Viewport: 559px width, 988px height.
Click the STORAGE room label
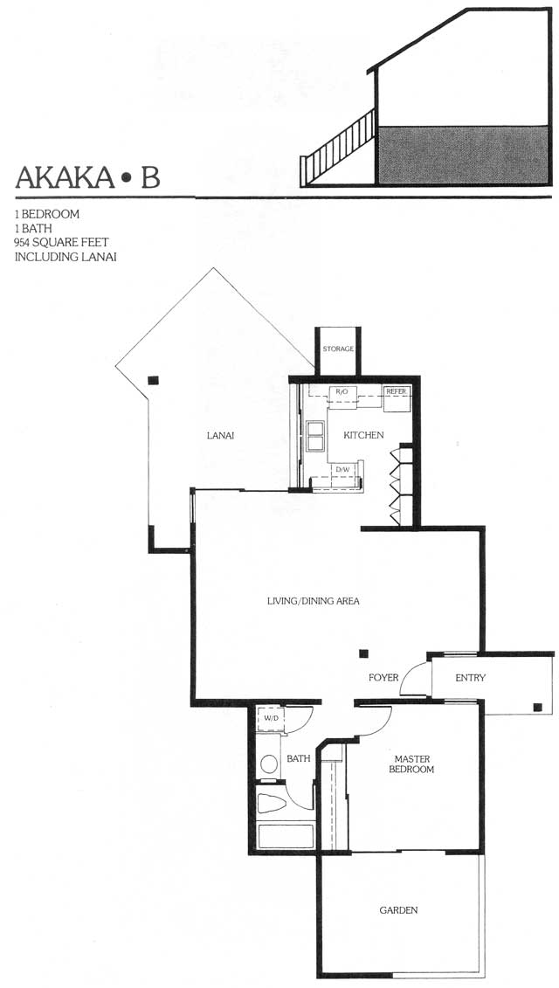tap(338, 349)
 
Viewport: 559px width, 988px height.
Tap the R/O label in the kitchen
tap(342, 392)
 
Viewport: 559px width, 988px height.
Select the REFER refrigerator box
tap(397, 398)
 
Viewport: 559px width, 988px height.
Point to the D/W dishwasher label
tap(342, 469)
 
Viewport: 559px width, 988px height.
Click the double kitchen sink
tap(314, 435)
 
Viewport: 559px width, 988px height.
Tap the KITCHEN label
tap(363, 435)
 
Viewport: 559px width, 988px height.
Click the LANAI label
tap(220, 435)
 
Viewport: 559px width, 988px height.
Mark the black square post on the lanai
tap(153, 381)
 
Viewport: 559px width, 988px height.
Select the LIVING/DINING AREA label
tap(314, 601)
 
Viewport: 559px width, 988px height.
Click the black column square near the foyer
tap(363, 653)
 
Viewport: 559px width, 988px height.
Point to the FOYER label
tap(383, 677)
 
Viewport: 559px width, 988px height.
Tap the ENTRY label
tap(470, 677)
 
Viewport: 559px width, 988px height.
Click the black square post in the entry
tap(537, 707)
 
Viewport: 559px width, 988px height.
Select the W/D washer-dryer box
tap(272, 719)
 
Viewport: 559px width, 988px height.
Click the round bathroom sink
tap(269, 764)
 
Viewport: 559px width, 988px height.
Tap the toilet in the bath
tap(272, 804)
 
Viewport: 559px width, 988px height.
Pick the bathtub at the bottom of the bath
tap(286, 835)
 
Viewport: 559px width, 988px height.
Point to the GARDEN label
tap(398, 910)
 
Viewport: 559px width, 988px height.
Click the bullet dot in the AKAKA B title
tap(127, 178)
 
